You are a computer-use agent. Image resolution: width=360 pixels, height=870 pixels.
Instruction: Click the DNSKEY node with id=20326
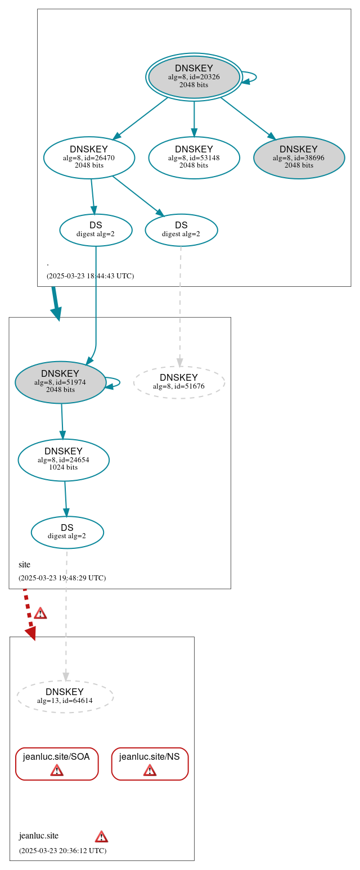coord(194,76)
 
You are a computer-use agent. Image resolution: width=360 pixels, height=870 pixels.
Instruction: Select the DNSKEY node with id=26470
coord(89,157)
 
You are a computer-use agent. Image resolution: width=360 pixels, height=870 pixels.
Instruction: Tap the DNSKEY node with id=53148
coord(194,157)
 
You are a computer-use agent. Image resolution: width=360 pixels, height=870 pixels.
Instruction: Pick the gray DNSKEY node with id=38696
coord(299,157)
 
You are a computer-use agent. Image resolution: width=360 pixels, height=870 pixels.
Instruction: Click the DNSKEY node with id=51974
coord(60,382)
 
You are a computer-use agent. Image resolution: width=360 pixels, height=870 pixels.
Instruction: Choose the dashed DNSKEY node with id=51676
coord(179,382)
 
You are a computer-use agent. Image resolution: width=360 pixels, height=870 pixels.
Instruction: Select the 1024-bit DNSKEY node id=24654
coord(64,459)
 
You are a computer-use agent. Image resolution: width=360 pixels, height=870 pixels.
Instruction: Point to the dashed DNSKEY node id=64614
coord(65,696)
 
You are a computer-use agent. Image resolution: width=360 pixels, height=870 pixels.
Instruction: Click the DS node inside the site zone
coord(67,532)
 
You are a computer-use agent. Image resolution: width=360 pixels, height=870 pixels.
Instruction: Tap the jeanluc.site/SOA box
coord(57,764)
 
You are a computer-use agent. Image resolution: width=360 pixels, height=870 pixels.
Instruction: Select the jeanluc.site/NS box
coord(150,764)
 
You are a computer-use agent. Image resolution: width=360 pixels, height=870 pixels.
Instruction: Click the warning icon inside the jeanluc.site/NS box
coord(150,770)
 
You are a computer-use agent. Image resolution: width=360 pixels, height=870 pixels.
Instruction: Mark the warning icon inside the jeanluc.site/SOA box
coord(57,770)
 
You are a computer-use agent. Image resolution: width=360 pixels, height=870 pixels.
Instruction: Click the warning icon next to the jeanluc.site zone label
coord(101,836)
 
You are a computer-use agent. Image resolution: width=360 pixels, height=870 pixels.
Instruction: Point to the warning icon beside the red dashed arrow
coord(40,613)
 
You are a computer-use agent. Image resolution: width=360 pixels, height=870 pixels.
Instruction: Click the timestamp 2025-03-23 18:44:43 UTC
coord(90,276)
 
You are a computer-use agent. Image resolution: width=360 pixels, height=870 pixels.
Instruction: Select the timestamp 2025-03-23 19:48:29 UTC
coord(62,578)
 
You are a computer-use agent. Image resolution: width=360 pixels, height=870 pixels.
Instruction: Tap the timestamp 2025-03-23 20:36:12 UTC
coord(62,851)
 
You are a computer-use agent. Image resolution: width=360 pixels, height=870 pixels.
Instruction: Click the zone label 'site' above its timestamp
coord(24,565)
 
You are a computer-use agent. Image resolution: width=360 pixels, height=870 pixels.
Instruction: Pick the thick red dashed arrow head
coord(31,633)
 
